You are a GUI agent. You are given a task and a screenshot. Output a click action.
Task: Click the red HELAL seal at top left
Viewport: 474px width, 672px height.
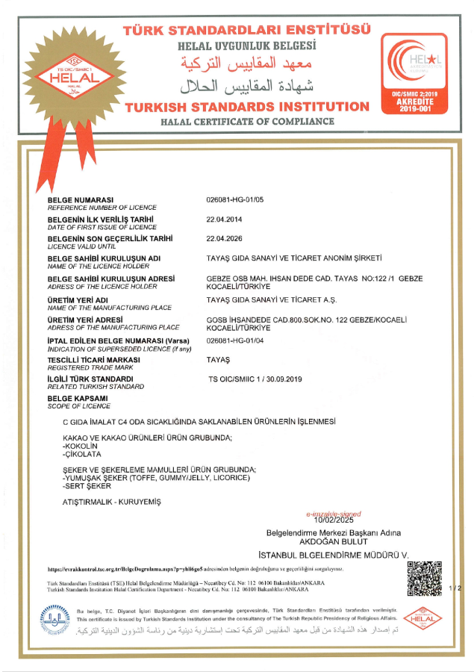(73, 71)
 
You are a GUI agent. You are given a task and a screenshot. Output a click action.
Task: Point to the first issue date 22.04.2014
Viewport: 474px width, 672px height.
(224, 220)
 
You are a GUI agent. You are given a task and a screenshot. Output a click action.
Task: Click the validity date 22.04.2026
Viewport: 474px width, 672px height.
(224, 238)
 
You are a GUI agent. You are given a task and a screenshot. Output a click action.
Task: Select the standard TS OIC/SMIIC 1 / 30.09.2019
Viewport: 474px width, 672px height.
(255, 379)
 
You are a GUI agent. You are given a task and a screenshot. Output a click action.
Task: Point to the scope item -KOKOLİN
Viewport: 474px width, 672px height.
(81, 445)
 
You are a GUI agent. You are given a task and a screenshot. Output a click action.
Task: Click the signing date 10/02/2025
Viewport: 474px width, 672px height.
(334, 520)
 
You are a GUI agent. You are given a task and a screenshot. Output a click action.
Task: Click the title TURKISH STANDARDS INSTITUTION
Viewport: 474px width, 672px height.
(247, 106)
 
